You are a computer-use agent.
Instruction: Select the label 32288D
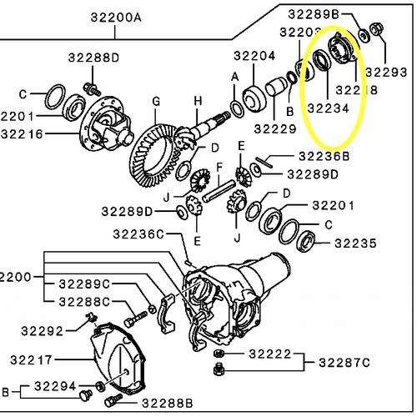[x=93, y=58]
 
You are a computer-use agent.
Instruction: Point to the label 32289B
[x=314, y=13]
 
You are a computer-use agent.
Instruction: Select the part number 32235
[x=360, y=244]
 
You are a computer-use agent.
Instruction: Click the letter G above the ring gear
[x=155, y=102]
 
